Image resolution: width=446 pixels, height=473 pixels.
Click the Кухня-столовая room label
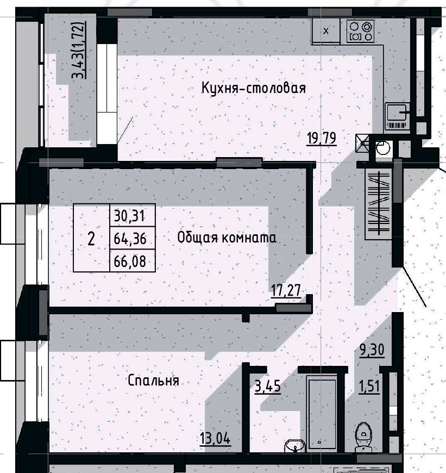254,88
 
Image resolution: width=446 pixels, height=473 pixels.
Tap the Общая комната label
227,238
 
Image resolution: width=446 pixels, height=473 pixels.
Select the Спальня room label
154,381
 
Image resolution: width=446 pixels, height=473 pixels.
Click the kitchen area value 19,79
322,139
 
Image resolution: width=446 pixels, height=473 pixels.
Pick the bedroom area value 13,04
215,438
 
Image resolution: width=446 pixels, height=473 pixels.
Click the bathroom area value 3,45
267,387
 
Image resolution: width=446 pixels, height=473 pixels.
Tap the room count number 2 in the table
91,238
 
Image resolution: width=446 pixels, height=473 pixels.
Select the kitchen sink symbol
399,115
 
